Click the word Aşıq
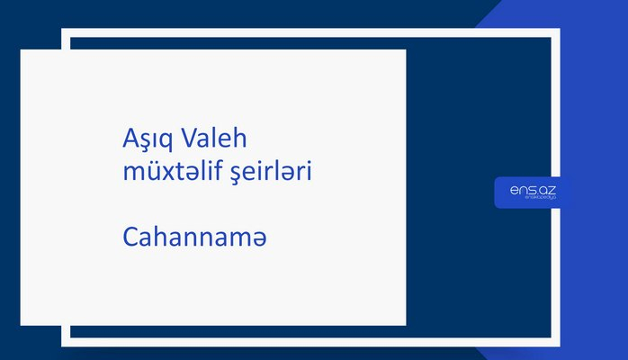click(x=148, y=140)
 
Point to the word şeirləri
click(x=272, y=173)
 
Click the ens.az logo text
click(x=533, y=190)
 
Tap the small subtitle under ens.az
click(x=533, y=201)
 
